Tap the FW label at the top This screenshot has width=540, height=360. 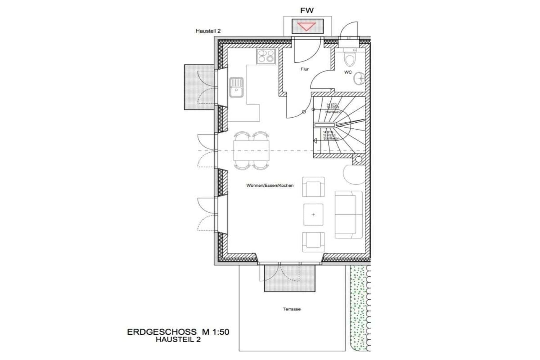[307, 11]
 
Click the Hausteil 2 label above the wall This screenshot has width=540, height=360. [208, 31]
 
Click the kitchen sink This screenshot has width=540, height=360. [236, 87]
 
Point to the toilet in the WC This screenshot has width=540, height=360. [350, 59]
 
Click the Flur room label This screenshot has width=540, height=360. [305, 69]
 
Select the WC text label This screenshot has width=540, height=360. [348, 72]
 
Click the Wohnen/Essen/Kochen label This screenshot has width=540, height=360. [270, 185]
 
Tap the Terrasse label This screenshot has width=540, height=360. [292, 309]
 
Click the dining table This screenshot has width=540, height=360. [251, 151]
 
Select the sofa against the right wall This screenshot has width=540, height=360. [348, 215]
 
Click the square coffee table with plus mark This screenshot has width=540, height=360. [313, 215]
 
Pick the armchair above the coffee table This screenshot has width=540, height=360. [313, 187]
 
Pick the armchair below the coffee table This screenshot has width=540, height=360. [313, 242]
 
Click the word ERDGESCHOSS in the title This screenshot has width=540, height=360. [162, 332]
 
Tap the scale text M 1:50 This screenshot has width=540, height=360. [215, 332]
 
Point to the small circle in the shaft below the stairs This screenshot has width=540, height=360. [358, 159]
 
